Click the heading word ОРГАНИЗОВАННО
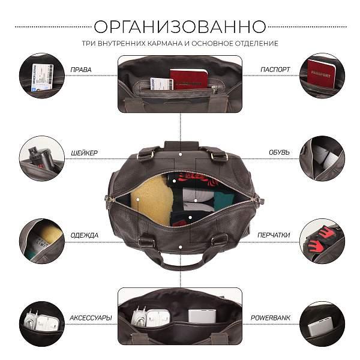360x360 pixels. point(180,26)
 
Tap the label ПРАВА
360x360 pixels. point(81,70)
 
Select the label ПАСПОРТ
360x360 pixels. point(275,70)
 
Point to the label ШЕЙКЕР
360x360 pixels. point(84,153)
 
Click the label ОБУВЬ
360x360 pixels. point(279,152)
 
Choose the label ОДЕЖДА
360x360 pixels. point(84,235)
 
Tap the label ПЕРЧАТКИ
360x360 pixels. point(274,235)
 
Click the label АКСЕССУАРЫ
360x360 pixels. point(91,318)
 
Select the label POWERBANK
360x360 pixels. point(270,318)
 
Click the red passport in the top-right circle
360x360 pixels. point(321,74)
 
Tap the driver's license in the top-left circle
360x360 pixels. point(42,77)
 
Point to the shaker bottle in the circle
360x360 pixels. point(40,157)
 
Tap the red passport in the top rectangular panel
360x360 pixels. point(188,79)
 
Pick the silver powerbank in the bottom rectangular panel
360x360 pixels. point(202,316)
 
